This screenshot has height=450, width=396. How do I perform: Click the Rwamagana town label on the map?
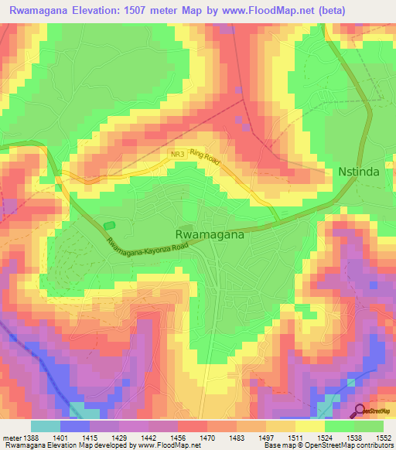click(x=211, y=236)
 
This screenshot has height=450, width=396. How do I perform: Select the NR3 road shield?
click(x=178, y=155)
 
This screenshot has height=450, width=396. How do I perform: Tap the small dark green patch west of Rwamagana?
click(x=109, y=224)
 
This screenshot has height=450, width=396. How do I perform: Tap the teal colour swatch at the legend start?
click(x=45, y=425)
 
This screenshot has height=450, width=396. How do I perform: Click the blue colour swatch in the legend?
click(x=74, y=425)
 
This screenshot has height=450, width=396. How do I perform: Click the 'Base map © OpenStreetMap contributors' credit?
click(x=327, y=446)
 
